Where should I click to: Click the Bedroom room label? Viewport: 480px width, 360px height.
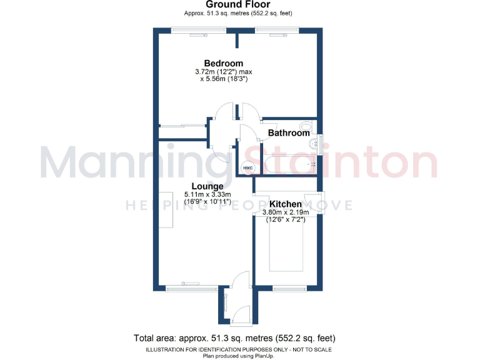click(x=223, y=63)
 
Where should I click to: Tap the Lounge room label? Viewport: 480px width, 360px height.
click(x=207, y=186)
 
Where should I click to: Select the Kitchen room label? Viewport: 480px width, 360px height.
click(x=286, y=204)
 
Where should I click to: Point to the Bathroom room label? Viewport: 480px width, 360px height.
click(x=289, y=133)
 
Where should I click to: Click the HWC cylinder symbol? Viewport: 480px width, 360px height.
click(x=247, y=167)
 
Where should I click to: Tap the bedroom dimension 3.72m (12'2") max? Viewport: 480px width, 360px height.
click(x=223, y=72)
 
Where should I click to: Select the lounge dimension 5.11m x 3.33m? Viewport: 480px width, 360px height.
click(x=207, y=195)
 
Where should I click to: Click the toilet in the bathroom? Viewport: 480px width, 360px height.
click(x=306, y=125)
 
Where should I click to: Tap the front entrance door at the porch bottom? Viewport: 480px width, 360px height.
click(x=239, y=324)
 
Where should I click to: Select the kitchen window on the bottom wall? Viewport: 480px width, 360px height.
click(x=289, y=288)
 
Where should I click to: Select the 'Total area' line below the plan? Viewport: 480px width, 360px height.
click(x=238, y=338)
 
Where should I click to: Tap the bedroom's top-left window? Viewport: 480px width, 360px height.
click(x=191, y=29)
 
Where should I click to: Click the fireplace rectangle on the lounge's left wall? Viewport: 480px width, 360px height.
click(x=166, y=210)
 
